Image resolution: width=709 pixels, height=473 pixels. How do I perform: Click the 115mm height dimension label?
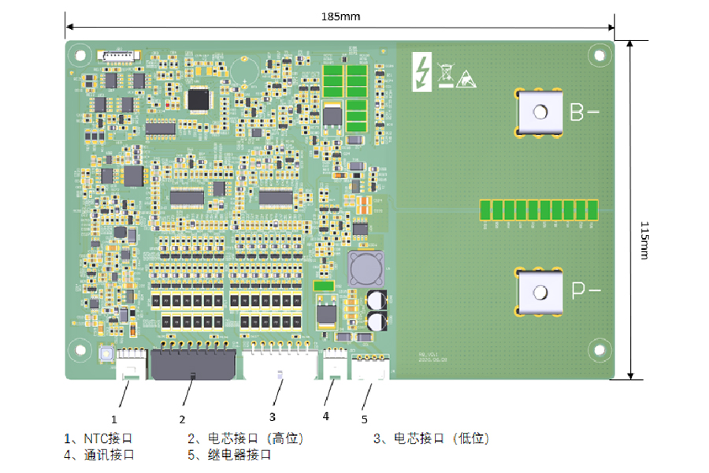644,240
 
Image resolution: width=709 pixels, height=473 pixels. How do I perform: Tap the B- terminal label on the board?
584,113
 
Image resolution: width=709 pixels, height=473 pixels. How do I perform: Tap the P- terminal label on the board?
585,291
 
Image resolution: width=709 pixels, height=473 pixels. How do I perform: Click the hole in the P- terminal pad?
540,292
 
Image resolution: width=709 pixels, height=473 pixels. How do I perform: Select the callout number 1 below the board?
114,419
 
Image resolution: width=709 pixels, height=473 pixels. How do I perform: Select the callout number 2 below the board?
182,419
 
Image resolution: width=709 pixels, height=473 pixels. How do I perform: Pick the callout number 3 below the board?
273,415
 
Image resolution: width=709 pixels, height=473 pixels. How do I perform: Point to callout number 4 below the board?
325,415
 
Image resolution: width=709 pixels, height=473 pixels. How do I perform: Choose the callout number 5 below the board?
364,419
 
